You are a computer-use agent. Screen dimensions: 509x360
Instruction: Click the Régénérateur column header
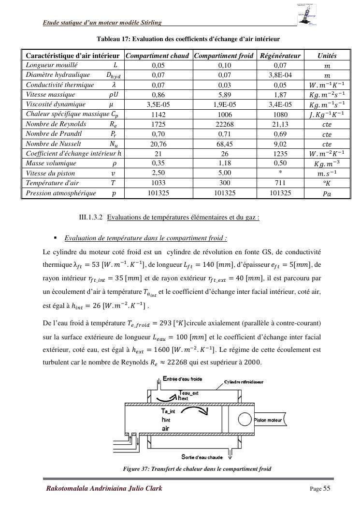[x=280, y=56]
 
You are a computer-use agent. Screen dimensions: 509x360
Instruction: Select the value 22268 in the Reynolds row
[x=225, y=124]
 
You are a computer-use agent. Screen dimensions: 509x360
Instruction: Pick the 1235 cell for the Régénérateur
[x=280, y=154]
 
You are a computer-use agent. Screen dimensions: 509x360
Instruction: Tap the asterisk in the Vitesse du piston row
[x=280, y=173]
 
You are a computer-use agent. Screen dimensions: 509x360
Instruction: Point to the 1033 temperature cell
[x=158, y=183]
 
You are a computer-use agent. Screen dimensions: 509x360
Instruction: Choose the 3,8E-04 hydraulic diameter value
[x=280, y=75]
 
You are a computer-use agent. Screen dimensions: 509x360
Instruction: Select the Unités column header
[x=327, y=56]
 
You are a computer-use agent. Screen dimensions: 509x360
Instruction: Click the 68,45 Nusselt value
[x=225, y=144]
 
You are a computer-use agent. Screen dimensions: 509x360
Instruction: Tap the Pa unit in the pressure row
[x=327, y=193]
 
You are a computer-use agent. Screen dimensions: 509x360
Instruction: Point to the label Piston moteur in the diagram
[x=269, y=420]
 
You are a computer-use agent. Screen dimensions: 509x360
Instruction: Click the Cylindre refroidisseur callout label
[x=244, y=382]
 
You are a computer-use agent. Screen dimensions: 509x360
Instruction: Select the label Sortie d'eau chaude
[x=202, y=456]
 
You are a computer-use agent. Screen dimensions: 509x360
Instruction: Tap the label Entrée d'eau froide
[x=183, y=379]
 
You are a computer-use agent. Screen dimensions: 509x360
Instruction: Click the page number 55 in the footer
[x=327, y=488]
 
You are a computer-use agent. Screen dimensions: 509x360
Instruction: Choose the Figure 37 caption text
[x=197, y=468]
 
